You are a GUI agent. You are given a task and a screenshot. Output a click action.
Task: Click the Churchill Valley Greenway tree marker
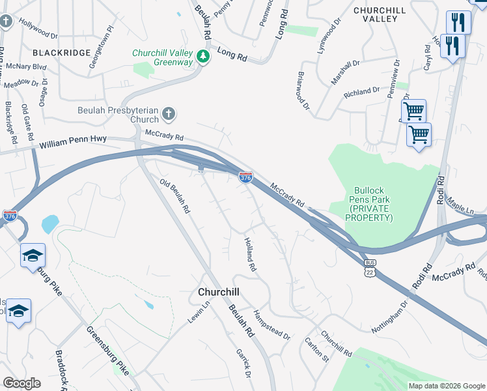click(204, 57)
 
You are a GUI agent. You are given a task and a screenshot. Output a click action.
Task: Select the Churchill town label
click(219, 293)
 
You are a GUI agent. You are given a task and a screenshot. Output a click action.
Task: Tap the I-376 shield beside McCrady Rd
click(245, 177)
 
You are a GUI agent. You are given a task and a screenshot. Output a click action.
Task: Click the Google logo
click(22, 383)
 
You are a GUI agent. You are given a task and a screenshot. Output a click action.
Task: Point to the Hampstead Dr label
click(271, 324)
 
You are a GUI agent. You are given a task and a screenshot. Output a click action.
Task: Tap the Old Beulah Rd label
click(176, 196)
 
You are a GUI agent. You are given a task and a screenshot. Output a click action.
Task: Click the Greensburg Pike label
click(107, 350)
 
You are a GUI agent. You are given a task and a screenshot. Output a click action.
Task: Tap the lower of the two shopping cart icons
click(418, 135)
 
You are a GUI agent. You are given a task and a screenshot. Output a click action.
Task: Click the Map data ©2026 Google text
click(446, 386)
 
